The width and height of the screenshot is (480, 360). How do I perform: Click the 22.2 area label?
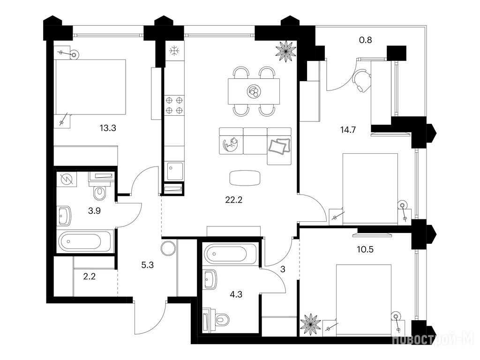click(234, 200)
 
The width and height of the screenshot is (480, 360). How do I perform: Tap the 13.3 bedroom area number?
click(108, 128)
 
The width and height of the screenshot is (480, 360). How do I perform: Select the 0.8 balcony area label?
click(365, 40)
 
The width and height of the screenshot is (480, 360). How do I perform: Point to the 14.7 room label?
click(348, 130)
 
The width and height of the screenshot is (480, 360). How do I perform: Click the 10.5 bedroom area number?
click(365, 249)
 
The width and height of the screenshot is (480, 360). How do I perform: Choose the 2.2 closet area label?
click(90, 277)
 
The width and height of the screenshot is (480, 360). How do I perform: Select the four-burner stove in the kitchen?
click(174, 105)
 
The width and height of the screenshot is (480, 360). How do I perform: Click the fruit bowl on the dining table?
click(254, 91)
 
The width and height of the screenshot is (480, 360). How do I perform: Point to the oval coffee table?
click(245, 178)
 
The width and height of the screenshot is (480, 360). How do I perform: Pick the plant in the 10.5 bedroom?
click(310, 324)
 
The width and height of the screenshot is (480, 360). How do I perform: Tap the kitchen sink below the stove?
click(174, 171)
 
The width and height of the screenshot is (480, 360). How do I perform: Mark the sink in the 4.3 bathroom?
click(210, 279)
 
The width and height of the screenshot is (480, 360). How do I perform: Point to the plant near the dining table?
click(286, 51)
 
